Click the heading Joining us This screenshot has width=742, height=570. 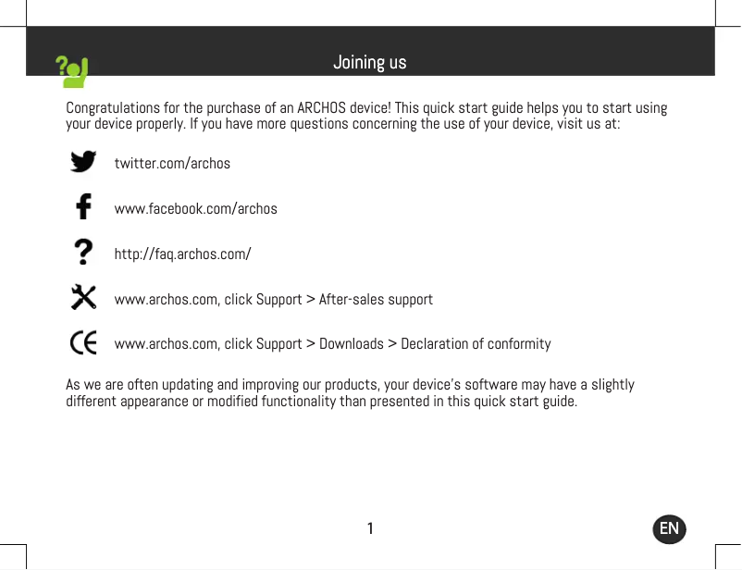pos(369,63)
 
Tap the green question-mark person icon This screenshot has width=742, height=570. pos(72,71)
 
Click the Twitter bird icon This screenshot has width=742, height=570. pos(83,162)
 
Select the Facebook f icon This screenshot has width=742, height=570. pos(83,206)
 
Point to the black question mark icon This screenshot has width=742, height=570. pos(83,252)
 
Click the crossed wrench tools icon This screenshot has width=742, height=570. pos(83,297)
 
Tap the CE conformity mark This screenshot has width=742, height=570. pos(83,343)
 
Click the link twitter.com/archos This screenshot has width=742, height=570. pos(172,164)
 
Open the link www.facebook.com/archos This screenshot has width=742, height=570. pos(195,209)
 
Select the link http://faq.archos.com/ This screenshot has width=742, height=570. pos(182,254)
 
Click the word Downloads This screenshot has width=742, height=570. pos(352,344)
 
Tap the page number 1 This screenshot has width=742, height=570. pos(370,528)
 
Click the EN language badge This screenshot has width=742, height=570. pos(669,528)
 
